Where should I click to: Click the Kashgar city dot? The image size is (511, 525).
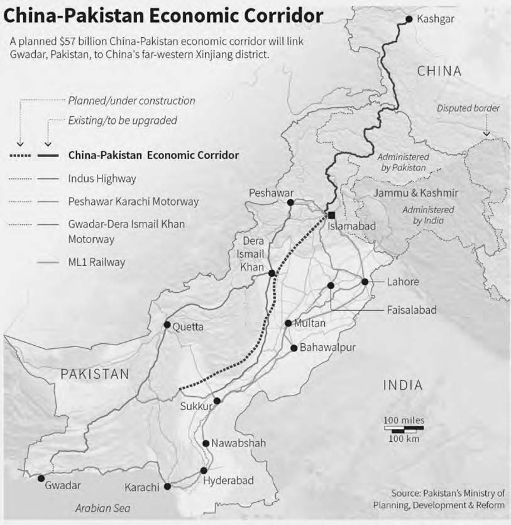(x=409, y=19)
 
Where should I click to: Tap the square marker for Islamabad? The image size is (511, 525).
(x=331, y=216)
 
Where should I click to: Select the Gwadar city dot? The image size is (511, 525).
(x=41, y=478)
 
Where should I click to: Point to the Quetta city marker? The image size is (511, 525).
(x=167, y=325)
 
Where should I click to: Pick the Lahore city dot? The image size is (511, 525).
(x=365, y=282)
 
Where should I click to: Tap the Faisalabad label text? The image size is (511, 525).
(x=412, y=310)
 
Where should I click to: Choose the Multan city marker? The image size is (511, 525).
(x=288, y=324)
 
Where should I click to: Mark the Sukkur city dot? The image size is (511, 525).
(x=217, y=401)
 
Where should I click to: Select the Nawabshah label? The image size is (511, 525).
(x=239, y=443)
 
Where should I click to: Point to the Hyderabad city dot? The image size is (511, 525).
(x=204, y=470)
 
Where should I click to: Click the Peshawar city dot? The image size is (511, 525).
(x=290, y=202)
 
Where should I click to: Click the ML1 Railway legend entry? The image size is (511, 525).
(x=97, y=262)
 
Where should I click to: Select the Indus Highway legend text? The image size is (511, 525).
(x=102, y=179)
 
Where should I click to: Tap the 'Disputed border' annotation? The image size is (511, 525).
(x=468, y=108)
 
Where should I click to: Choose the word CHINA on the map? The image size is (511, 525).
(x=439, y=71)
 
